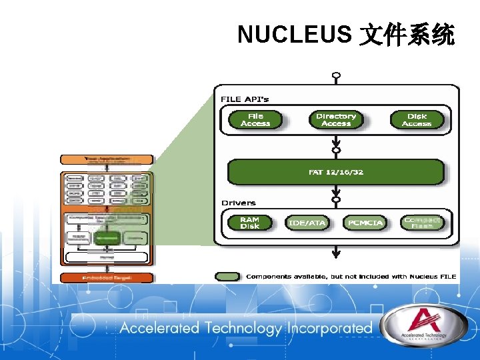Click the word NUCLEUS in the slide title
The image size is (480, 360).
[294, 34]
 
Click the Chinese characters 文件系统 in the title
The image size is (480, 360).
[407, 34]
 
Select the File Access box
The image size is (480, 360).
[255, 120]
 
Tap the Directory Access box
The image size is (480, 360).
[336, 120]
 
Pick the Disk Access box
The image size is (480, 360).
[417, 120]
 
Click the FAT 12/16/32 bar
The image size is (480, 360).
[336, 172]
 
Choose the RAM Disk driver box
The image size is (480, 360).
[250, 223]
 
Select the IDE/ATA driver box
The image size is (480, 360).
[307, 223]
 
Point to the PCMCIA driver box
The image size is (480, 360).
[365, 223]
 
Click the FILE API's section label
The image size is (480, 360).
[245, 99]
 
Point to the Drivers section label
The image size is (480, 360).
[238, 203]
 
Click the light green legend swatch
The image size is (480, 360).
[227, 276]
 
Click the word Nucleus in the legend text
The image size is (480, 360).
[423, 276]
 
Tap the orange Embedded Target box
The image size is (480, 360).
[107, 277]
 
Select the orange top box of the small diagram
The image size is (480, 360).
[107, 159]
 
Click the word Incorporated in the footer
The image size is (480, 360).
[329, 328]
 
